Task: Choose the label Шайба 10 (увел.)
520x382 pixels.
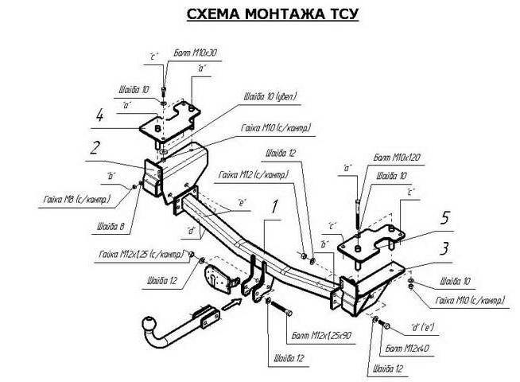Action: point(270,97)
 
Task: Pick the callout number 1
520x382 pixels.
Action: point(275,208)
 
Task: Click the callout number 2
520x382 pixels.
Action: point(95,147)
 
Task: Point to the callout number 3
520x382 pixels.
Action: point(448,247)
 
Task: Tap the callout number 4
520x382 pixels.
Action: point(99,117)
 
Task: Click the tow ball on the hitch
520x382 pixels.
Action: point(149,325)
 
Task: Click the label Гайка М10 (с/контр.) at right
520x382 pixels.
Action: point(469,301)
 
